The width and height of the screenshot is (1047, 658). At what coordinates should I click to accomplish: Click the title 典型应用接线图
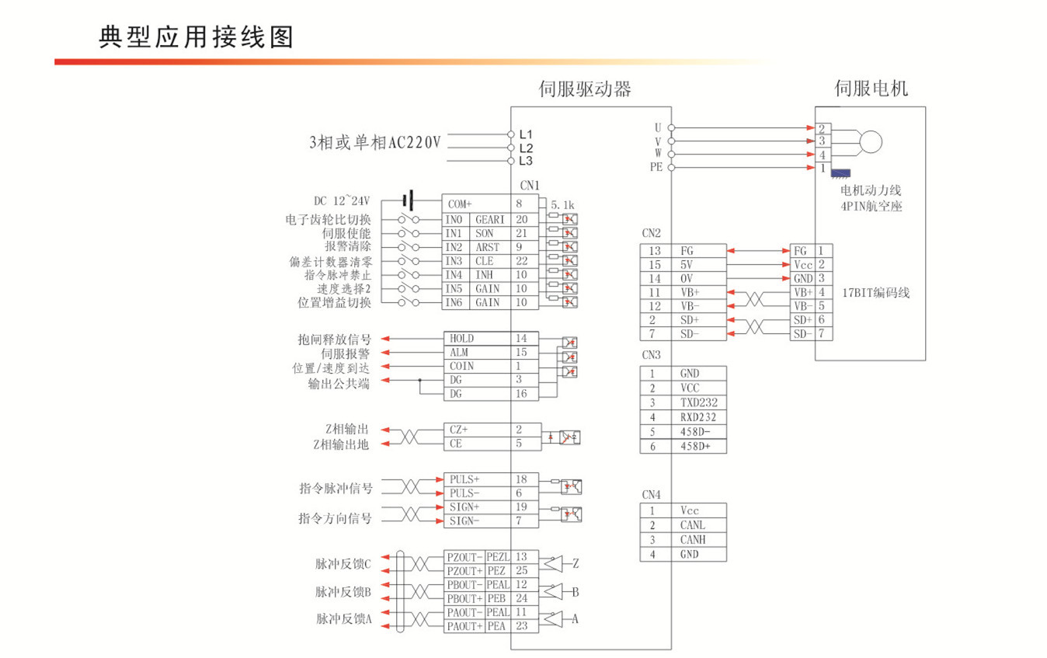click(197, 37)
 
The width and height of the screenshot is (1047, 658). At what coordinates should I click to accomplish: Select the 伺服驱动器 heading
click(585, 89)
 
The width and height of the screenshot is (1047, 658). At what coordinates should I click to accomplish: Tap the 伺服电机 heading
click(871, 89)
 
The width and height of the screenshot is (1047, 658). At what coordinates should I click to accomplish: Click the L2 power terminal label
click(526, 148)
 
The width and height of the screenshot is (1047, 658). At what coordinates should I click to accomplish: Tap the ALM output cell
click(459, 353)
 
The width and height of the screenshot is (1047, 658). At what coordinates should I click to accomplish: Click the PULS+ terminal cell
click(464, 479)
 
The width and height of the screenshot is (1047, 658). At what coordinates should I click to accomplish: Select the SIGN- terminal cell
click(464, 521)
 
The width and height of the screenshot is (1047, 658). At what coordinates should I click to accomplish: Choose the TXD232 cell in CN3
click(697, 402)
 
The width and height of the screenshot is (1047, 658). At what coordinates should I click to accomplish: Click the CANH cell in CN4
click(693, 540)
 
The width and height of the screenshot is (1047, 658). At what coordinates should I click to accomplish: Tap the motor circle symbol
click(871, 141)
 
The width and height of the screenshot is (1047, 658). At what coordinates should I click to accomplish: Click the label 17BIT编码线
click(875, 293)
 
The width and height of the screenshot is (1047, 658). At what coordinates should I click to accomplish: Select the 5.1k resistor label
click(562, 205)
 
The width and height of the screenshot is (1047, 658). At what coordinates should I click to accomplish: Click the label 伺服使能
click(346, 233)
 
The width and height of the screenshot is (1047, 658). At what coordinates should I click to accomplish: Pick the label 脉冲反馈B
click(343, 592)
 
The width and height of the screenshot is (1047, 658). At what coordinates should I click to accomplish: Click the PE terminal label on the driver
click(656, 167)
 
